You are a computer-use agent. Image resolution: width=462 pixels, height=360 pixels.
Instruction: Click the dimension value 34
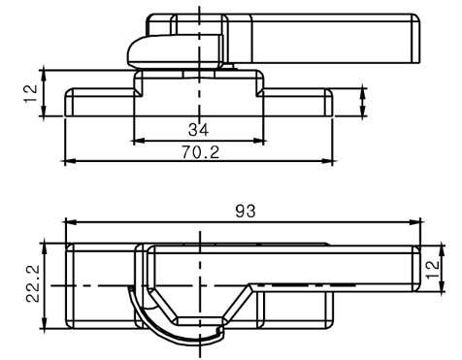tap(199, 130)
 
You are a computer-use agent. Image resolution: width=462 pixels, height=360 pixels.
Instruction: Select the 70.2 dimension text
tap(200, 152)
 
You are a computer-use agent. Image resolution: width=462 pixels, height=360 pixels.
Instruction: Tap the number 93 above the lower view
tap(246, 212)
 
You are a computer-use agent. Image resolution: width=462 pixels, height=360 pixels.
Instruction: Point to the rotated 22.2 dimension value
tap(33, 283)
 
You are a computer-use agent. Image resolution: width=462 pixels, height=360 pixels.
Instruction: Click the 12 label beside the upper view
tap(31, 93)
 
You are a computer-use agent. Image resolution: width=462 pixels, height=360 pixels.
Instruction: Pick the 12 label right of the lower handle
tap(433, 269)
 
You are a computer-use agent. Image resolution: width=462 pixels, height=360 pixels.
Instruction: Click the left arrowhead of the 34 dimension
tap(138, 141)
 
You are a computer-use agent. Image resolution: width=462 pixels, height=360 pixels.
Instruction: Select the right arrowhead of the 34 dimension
tap(259, 141)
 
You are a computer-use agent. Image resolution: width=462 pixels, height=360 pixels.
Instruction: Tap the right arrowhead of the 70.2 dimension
tap(327, 160)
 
